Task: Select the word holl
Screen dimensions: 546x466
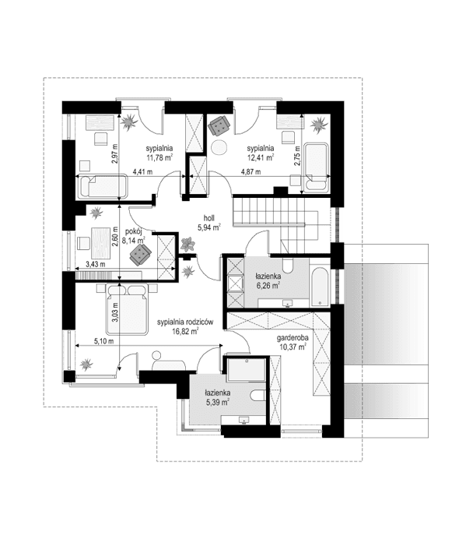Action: [208, 218]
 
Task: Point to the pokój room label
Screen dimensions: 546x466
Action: [134, 231]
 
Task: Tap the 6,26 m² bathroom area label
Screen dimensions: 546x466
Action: [268, 285]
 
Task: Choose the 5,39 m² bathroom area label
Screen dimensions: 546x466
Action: [216, 403]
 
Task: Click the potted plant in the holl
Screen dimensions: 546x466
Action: [187, 245]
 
